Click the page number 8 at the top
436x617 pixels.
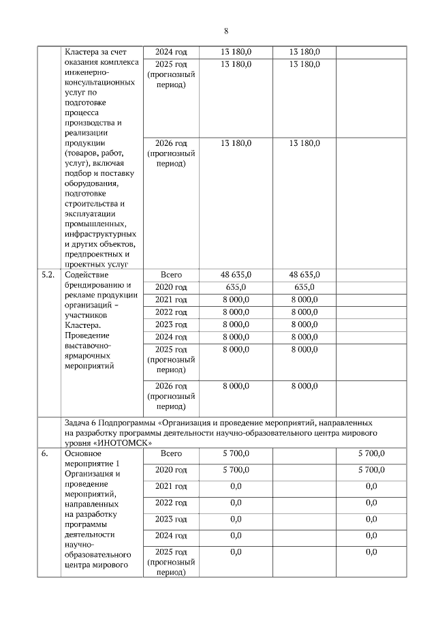coord(225,31)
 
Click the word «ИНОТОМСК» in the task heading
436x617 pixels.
coord(112,442)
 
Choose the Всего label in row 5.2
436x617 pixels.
coord(171,274)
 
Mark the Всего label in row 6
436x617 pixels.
coord(171,453)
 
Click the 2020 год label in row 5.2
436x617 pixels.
coord(171,287)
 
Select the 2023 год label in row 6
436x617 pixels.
coord(171,519)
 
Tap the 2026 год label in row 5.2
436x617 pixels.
coord(171,386)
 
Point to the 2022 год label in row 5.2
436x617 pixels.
coord(171,312)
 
